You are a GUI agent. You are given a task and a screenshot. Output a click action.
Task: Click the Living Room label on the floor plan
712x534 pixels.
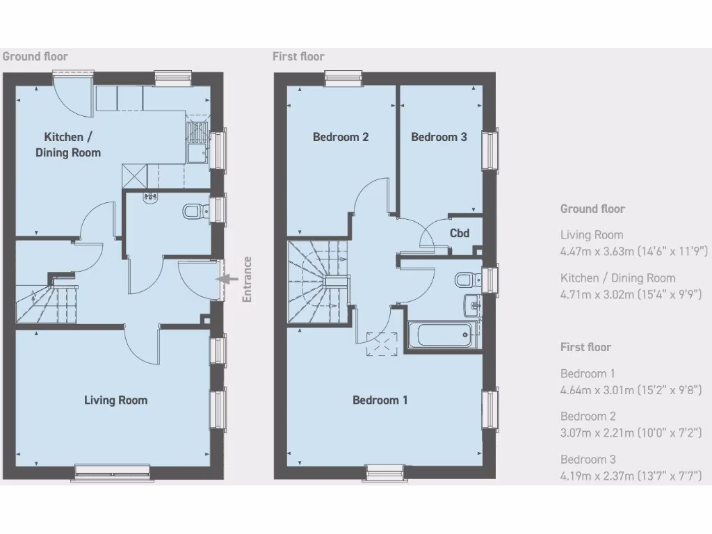point(115,400)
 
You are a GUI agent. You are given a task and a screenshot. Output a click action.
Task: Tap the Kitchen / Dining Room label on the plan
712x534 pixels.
point(67,145)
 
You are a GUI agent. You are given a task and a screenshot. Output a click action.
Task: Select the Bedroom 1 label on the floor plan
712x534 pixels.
point(380,400)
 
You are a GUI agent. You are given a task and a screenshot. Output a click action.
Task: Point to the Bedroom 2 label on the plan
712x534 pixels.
point(341,137)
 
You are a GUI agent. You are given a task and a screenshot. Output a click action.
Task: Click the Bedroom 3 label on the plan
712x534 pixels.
point(439,137)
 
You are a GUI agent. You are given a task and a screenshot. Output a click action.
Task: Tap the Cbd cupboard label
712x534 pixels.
point(460,233)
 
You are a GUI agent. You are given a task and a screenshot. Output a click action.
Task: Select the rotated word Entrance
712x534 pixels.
point(247,280)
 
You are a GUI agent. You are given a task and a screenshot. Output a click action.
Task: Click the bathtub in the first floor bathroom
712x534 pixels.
point(443,335)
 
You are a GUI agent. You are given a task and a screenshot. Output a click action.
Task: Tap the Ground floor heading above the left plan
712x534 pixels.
point(35,56)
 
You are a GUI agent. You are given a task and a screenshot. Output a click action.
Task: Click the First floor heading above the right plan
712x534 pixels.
point(298,56)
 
